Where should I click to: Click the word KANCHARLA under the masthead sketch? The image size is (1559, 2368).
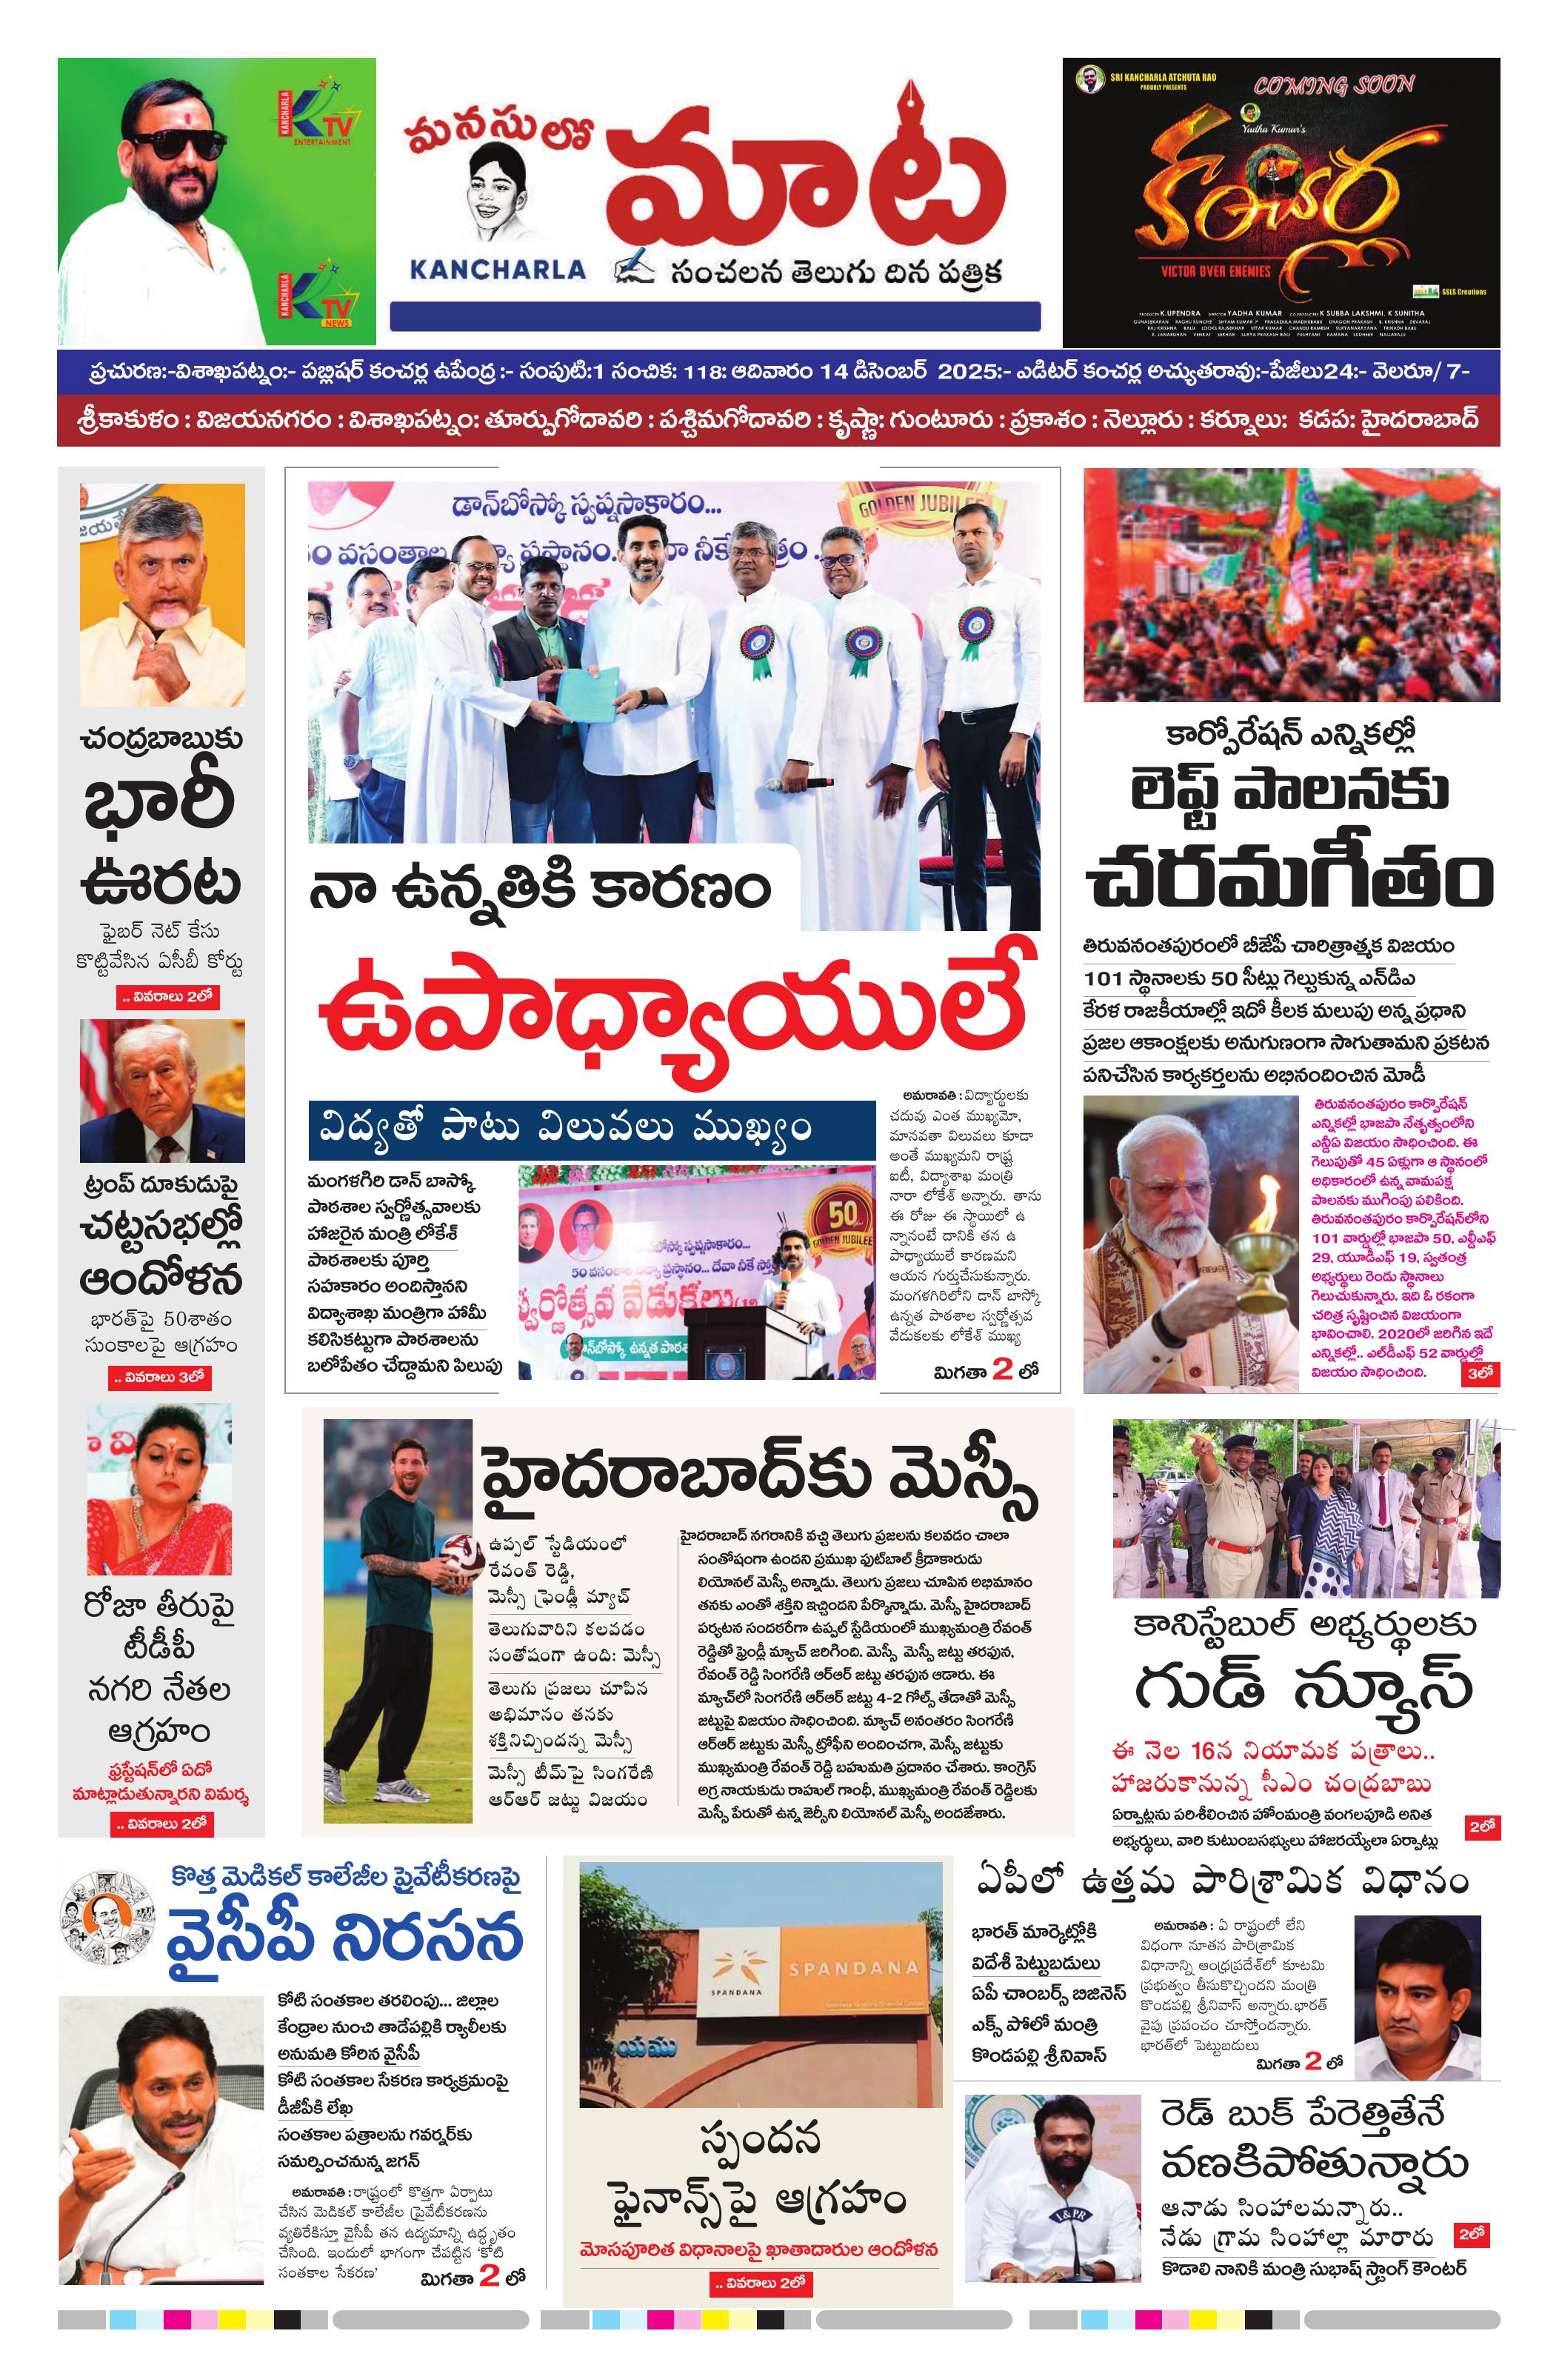pyautogui.click(x=498, y=269)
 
